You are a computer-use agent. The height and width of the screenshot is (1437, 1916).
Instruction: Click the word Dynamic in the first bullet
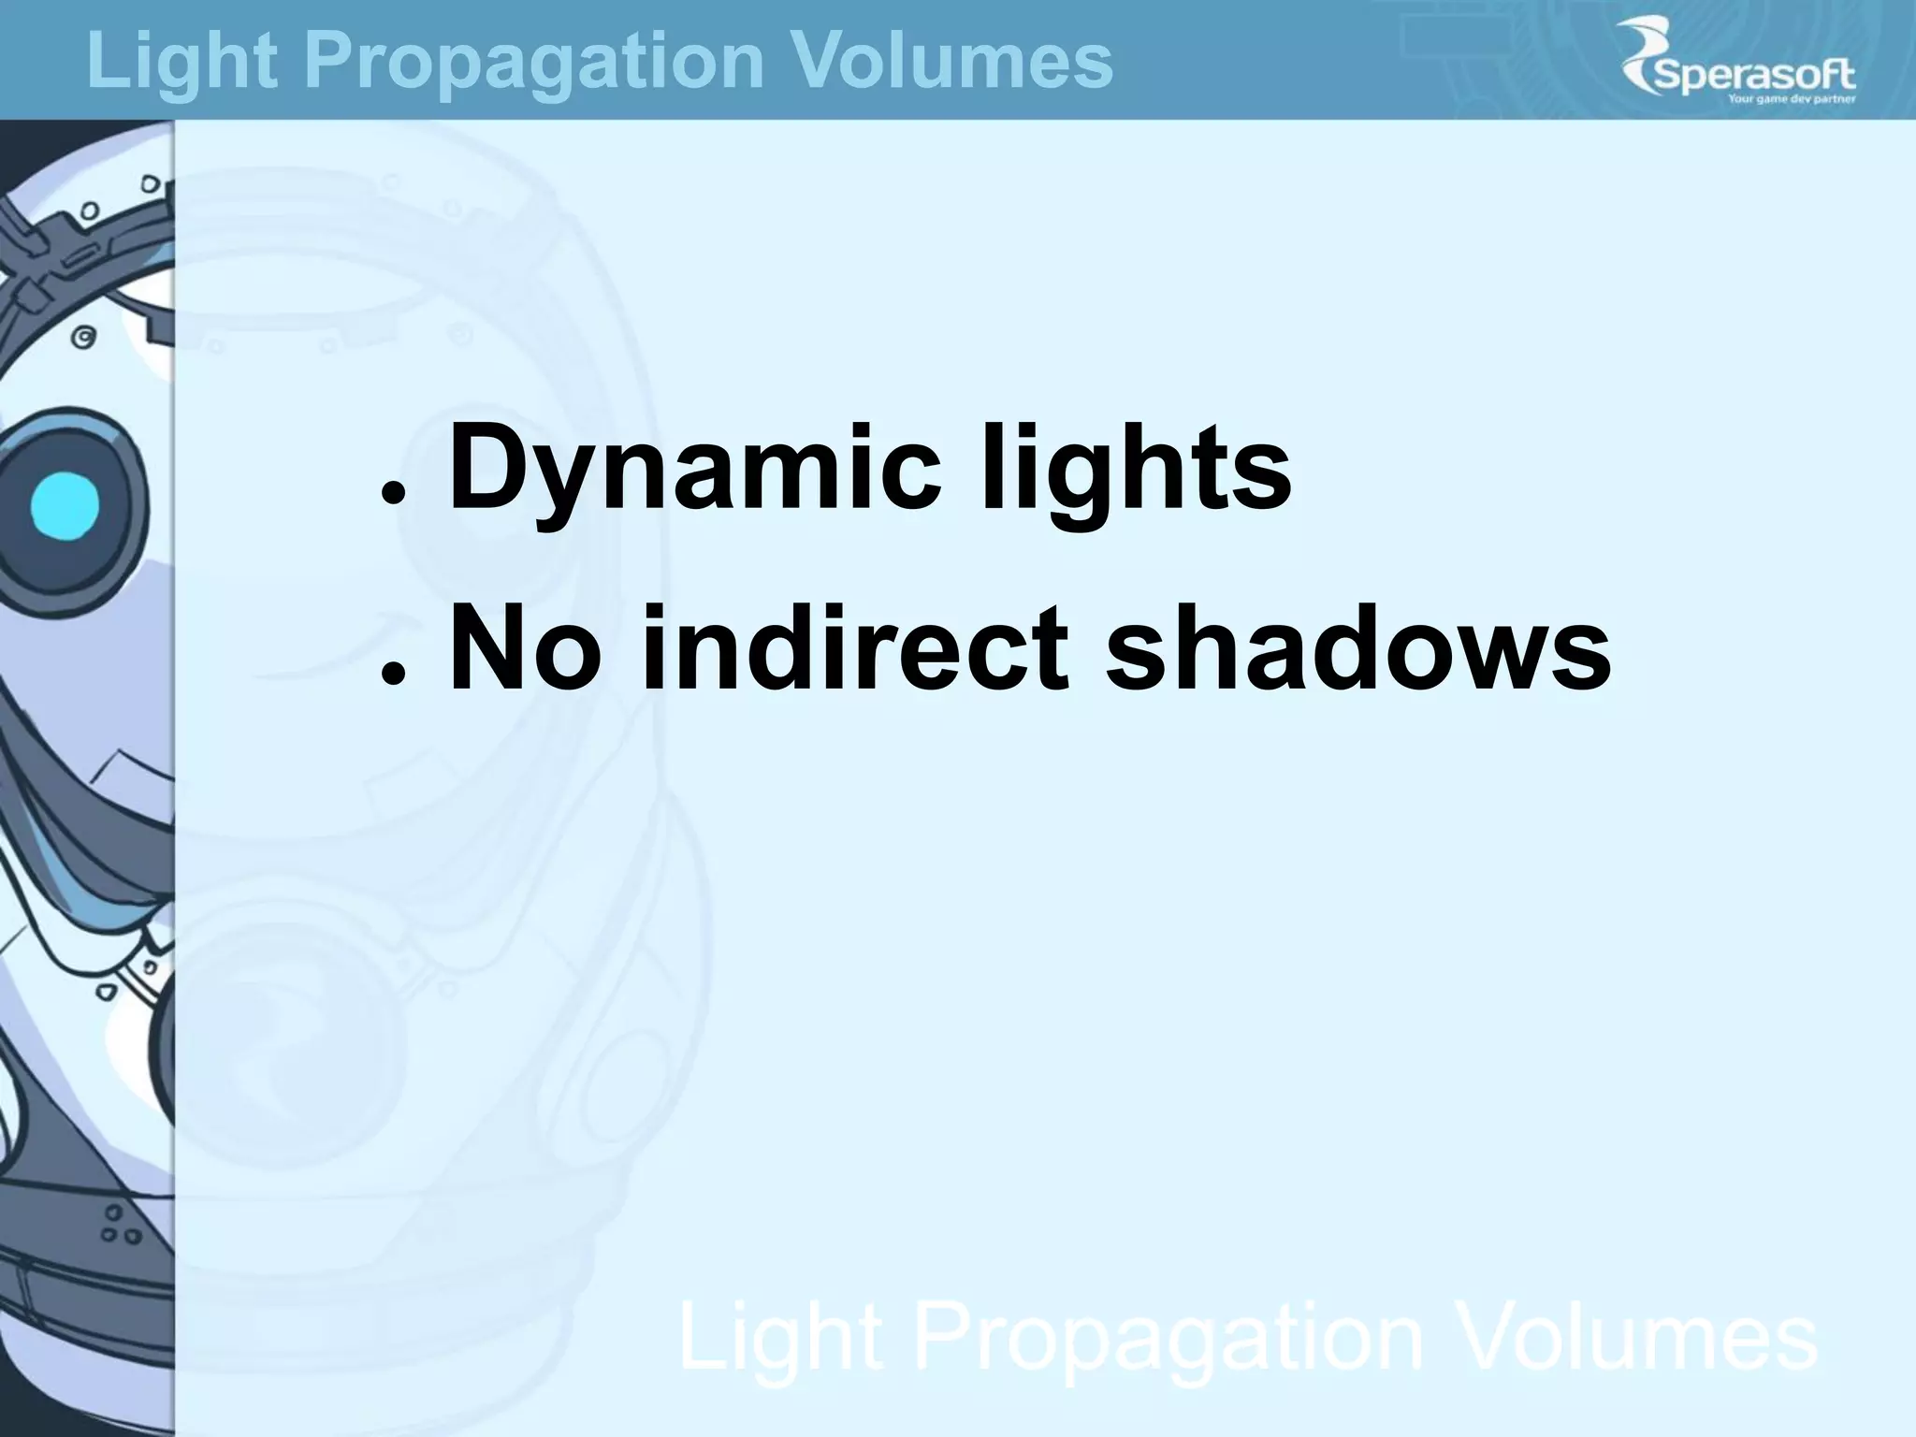(x=695, y=468)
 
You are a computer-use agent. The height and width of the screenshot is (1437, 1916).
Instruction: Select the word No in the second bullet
(x=524, y=647)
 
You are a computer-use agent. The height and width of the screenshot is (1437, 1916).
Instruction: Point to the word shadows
(x=1357, y=647)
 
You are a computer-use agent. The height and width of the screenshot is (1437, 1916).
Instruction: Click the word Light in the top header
(x=182, y=61)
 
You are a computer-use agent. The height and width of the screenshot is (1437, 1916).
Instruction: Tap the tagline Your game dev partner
(x=1791, y=98)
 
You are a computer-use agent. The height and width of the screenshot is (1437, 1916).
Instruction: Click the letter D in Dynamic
(x=487, y=465)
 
